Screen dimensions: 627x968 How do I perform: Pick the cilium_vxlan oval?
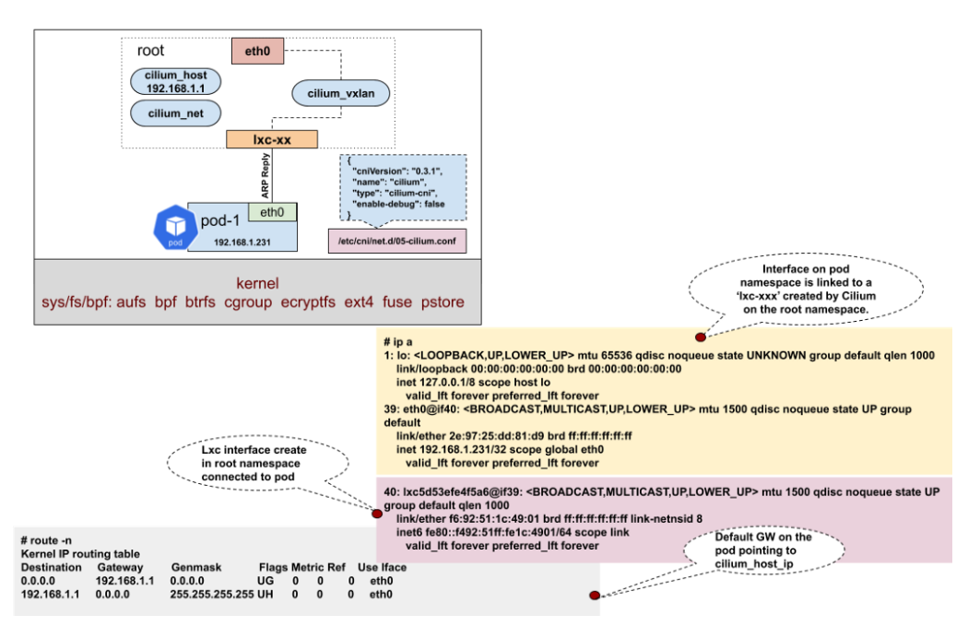point(340,92)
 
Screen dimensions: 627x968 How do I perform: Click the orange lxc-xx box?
point(272,139)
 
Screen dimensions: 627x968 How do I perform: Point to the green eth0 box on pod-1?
point(272,212)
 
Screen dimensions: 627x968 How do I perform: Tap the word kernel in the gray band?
point(257,283)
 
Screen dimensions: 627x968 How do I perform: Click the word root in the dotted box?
point(151,50)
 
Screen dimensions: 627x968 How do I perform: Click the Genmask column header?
point(195,566)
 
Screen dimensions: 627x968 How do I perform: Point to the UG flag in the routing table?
point(265,581)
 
